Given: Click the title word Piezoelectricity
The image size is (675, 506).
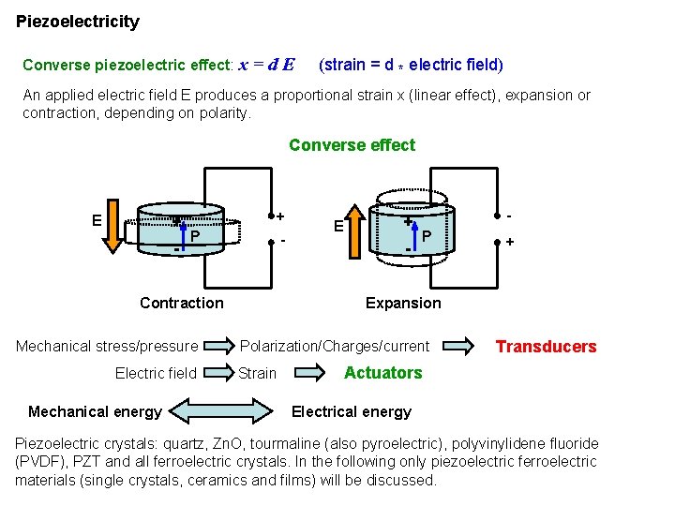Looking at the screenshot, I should click(x=78, y=22).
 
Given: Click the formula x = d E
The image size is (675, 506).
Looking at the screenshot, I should click(x=267, y=66).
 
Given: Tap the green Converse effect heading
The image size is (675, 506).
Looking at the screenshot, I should click(x=352, y=145).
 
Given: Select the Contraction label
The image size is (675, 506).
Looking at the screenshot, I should click(x=182, y=303).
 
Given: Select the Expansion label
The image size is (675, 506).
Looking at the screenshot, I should click(x=403, y=303).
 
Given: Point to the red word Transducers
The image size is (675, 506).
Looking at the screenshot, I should click(x=546, y=347).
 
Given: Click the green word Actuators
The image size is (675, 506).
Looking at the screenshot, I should click(x=382, y=373).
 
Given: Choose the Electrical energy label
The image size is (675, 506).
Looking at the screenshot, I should click(x=352, y=411).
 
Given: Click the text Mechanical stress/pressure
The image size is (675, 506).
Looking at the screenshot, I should click(x=107, y=347).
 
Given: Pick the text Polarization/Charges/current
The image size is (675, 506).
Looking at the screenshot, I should click(x=335, y=347).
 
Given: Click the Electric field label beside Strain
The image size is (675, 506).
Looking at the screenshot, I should click(x=156, y=373).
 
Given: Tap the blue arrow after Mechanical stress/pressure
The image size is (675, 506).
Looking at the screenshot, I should click(x=219, y=347).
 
